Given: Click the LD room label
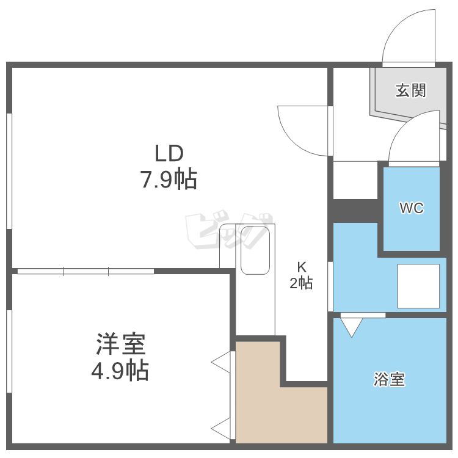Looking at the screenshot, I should [169, 152].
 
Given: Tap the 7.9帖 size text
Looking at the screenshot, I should [169, 180].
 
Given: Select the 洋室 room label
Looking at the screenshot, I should [121, 345].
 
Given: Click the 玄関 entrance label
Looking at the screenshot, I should [410, 91].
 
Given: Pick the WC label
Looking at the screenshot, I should [411, 208].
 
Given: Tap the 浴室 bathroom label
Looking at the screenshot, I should [389, 379].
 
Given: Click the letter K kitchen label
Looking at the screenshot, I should [301, 267].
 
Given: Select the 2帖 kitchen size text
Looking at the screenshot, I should [301, 283].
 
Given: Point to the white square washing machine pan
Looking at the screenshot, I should [418, 285].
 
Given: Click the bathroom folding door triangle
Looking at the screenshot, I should [351, 326].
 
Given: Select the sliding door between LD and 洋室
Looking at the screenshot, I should [85, 271].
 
